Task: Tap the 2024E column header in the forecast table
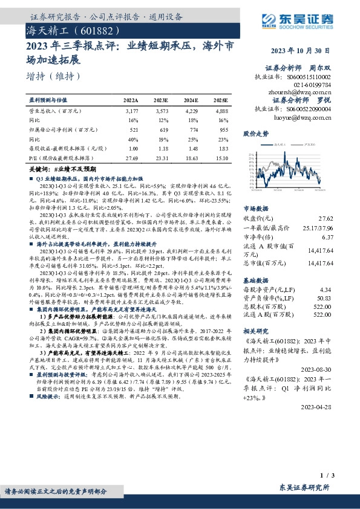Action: pos(191,100)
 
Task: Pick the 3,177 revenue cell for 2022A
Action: pos(131,112)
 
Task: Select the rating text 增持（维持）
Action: pos(54,77)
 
